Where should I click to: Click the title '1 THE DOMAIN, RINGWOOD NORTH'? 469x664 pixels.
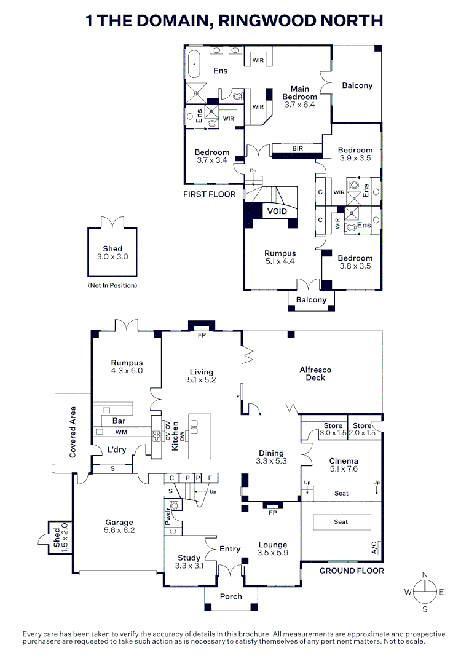point(234,21)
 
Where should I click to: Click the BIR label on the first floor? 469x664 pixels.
point(298,148)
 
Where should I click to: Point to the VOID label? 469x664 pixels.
point(277,211)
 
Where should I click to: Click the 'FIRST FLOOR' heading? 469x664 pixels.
point(209,194)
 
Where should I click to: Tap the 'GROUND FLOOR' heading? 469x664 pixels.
point(351,571)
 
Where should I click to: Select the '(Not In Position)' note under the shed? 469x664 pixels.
point(112,285)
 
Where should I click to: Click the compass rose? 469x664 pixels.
point(424,592)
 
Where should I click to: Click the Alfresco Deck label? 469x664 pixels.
point(315,374)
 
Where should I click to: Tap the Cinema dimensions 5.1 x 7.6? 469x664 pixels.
point(344,468)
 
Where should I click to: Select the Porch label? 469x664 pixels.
point(231,596)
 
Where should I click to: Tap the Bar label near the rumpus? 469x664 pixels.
point(119,421)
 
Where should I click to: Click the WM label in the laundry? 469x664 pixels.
point(121,433)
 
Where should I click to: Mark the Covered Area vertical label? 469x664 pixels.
point(73,432)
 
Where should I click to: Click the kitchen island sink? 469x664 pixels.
point(195,427)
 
